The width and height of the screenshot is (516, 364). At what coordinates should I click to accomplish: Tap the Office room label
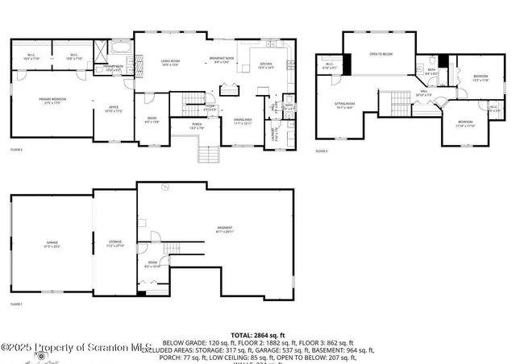[x=114, y=109]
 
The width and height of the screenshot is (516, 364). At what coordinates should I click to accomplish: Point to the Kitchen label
[x=265, y=67]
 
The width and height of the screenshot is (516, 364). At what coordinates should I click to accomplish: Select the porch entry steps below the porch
[x=208, y=153]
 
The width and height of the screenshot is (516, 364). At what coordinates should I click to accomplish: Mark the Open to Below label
[x=381, y=54]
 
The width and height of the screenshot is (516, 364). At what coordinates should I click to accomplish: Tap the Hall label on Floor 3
[x=423, y=93]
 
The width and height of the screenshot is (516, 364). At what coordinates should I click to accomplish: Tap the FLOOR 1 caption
[x=17, y=304]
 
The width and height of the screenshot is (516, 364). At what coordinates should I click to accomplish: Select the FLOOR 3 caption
[x=322, y=151]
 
